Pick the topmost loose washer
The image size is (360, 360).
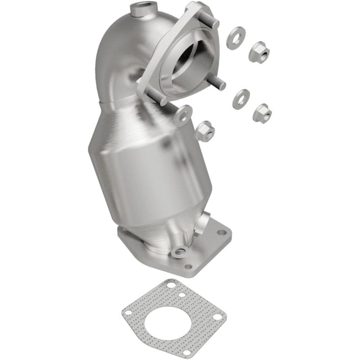(236, 38)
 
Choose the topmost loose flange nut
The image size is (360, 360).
(259, 52)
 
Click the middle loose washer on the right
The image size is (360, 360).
(241, 99)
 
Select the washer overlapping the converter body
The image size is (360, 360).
(183, 114)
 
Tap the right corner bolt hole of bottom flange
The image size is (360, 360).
(221, 233)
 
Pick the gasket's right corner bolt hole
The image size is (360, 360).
(217, 317)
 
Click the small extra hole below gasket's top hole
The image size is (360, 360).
(181, 295)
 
